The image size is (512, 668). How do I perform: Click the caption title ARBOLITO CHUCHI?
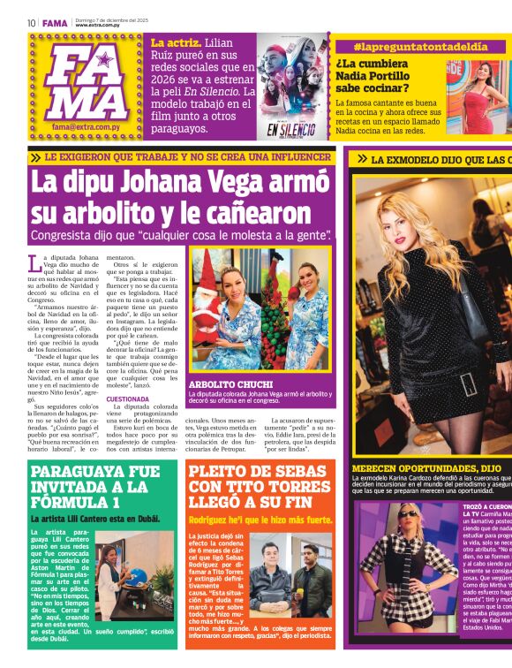click(x=226, y=383)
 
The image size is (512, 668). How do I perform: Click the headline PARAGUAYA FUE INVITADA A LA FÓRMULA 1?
click(x=95, y=485)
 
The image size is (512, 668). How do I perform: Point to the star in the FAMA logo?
click(x=104, y=59)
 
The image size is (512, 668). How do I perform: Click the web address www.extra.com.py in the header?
click(x=96, y=25)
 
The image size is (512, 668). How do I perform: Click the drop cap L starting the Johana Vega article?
click(x=34, y=262)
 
